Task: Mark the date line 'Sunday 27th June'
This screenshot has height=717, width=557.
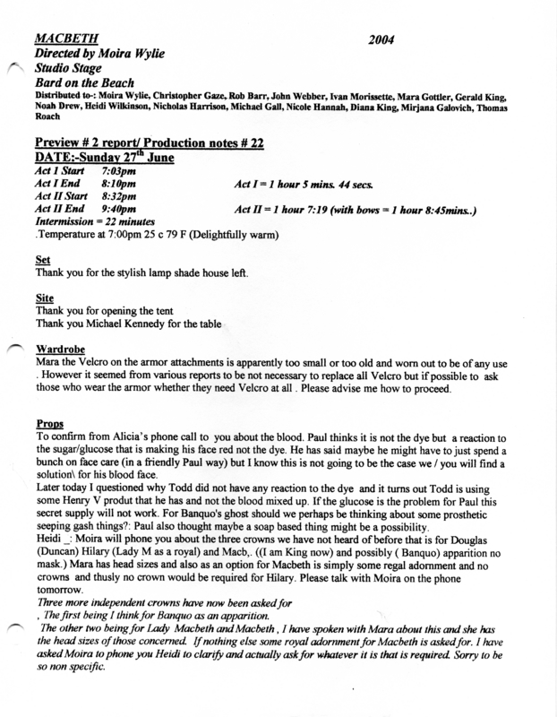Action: (x=124, y=156)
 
